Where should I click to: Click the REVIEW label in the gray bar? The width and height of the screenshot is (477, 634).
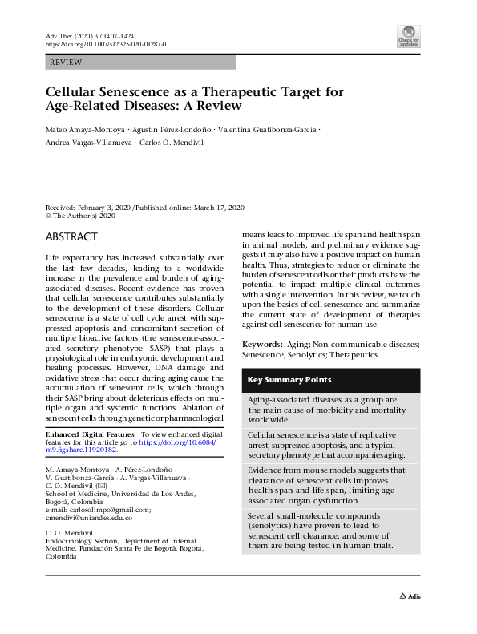[65, 62]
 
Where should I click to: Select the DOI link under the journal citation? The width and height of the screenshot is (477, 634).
[105, 45]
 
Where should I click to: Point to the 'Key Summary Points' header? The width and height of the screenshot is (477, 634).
[290, 380]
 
